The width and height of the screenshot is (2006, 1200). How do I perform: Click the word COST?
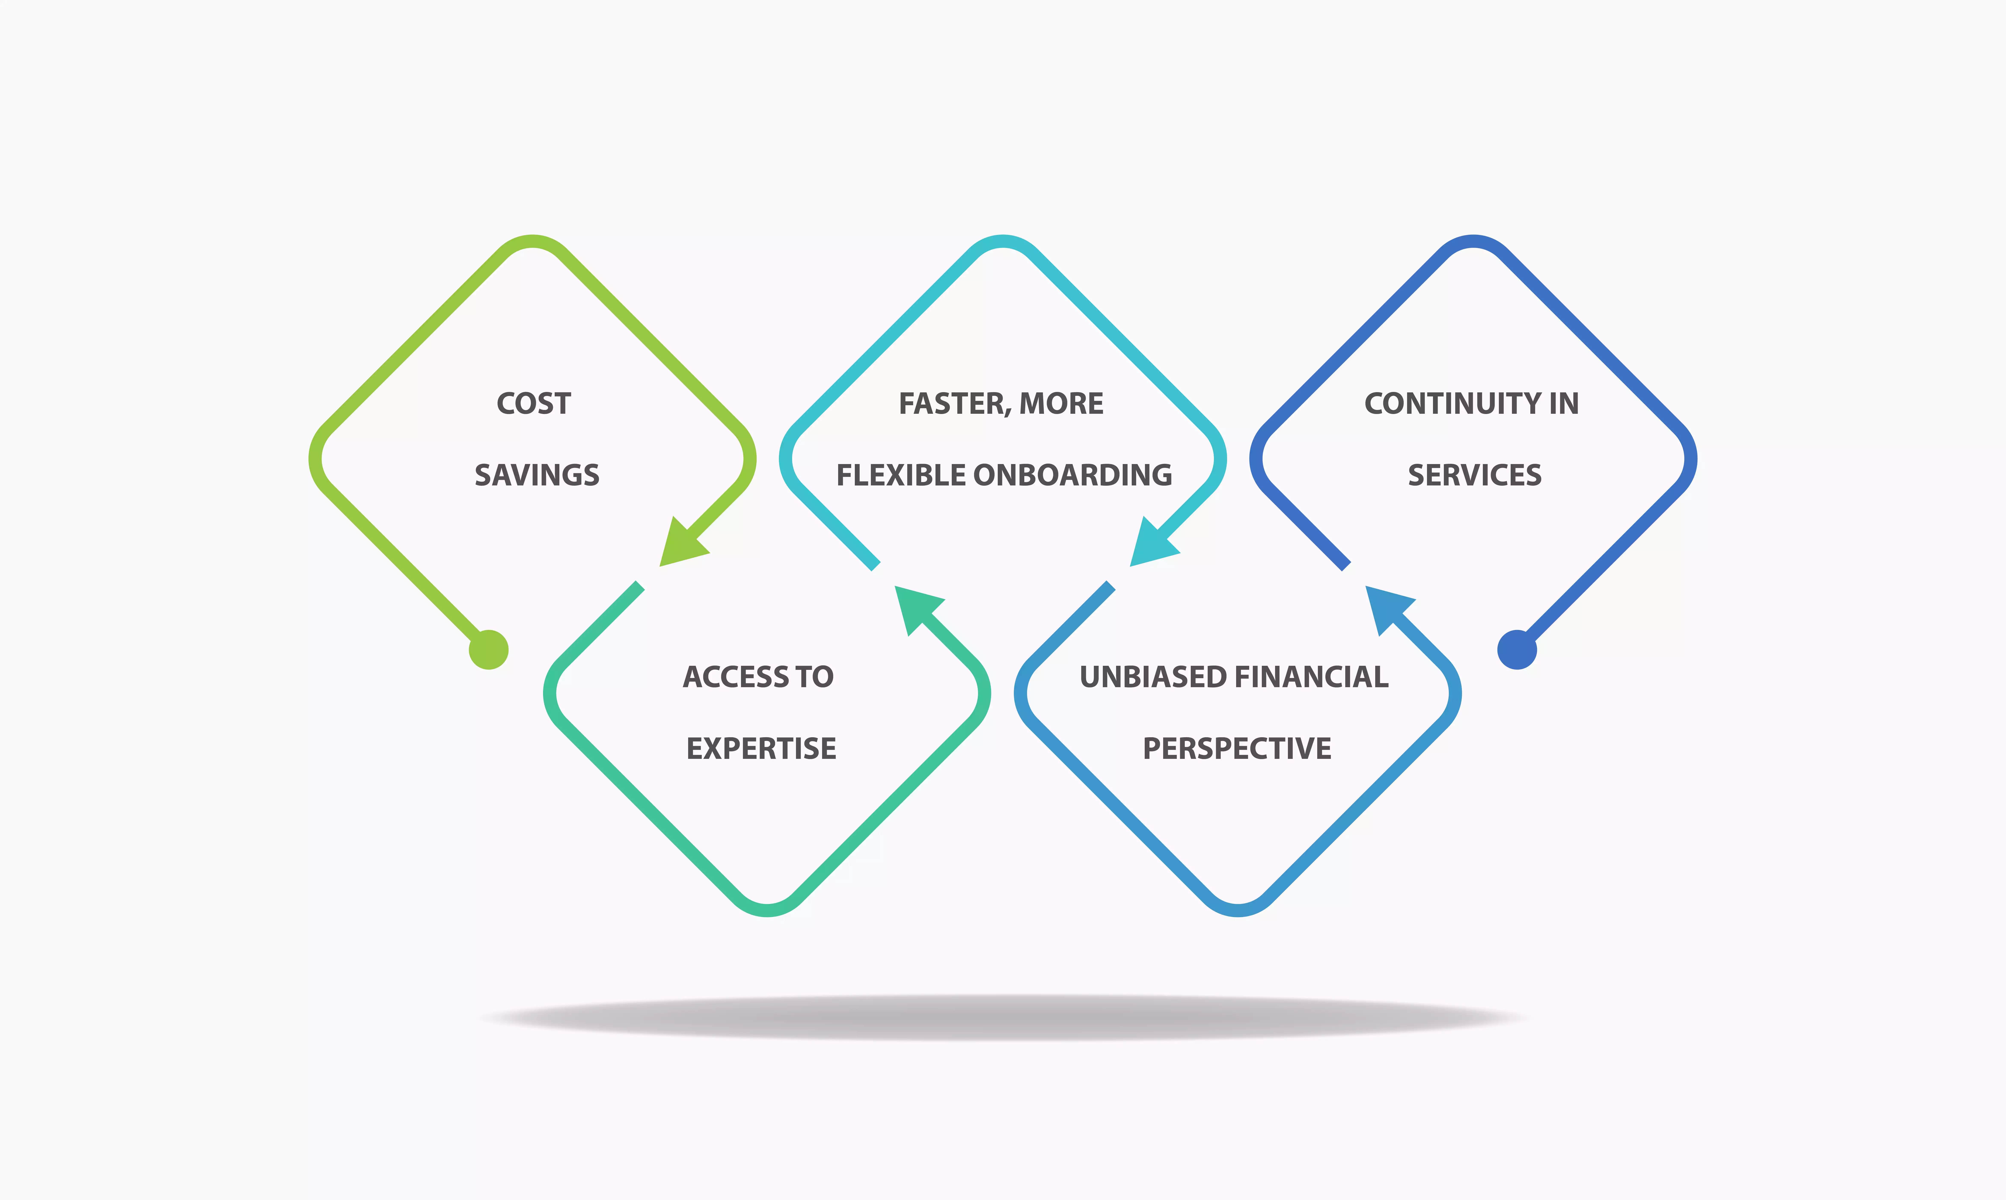(x=534, y=403)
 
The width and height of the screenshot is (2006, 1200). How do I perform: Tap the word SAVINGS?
(x=537, y=475)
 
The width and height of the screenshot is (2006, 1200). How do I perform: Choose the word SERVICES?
(x=1475, y=475)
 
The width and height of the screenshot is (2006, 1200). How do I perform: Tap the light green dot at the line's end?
(x=488, y=649)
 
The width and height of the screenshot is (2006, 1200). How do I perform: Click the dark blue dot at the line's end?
(x=1517, y=649)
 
